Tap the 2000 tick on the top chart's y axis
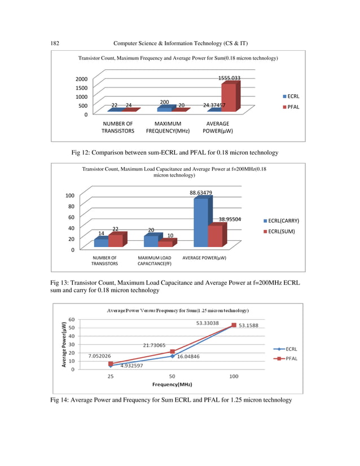click(82, 80)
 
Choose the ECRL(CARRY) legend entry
click(283, 221)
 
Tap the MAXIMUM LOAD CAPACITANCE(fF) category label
click(154, 261)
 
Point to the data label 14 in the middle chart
click(101, 233)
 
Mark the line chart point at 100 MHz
click(234, 326)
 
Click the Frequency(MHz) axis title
click(172, 384)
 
